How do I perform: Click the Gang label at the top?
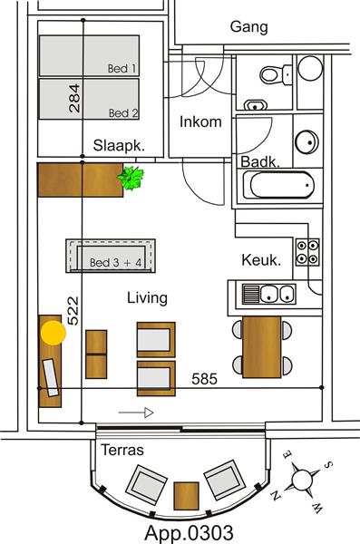248,27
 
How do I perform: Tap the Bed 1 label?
122,68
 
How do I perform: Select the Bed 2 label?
122,113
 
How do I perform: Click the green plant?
132,178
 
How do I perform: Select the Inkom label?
200,121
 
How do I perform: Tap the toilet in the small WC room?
271,75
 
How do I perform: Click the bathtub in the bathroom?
278,189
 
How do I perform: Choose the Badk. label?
258,161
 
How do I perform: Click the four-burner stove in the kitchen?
307,251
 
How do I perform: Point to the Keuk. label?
261,260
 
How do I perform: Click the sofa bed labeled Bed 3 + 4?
112,256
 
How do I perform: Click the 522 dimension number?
74,311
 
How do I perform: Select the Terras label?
122,450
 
